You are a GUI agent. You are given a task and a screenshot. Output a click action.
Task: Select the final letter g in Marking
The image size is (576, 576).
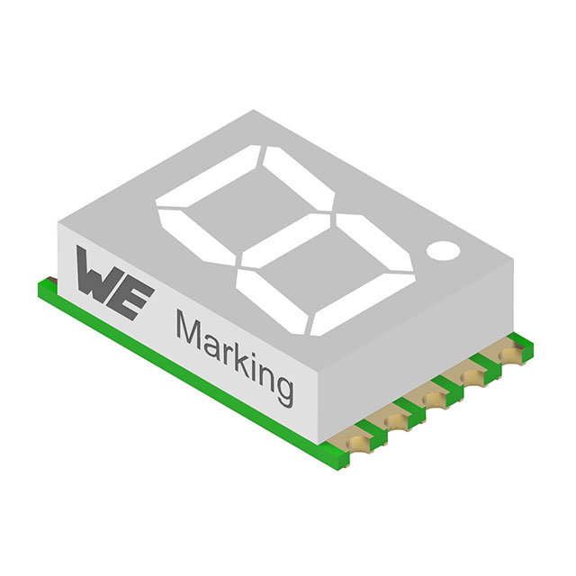[x=283, y=387]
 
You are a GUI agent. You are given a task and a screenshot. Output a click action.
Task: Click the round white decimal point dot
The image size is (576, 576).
[x=443, y=251]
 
